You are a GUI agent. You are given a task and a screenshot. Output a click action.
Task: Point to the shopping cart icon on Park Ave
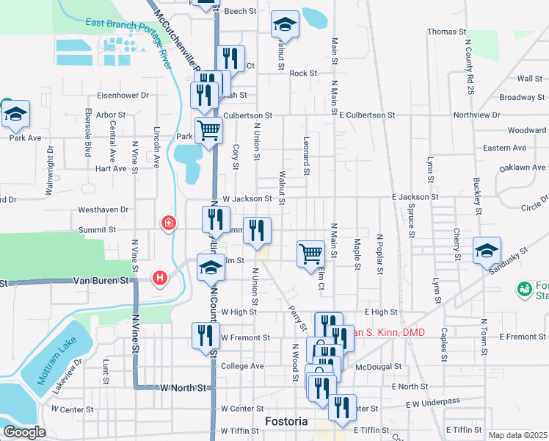(209, 132)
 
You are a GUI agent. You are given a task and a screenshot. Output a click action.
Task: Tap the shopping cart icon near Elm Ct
(310, 254)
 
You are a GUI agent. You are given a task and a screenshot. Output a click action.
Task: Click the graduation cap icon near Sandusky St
(487, 251)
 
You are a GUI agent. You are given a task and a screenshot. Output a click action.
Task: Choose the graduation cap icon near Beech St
(284, 25)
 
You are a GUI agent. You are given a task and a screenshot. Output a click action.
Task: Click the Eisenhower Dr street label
(124, 95)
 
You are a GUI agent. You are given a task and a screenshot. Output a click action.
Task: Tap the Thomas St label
(447, 32)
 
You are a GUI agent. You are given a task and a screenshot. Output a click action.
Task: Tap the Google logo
(24, 431)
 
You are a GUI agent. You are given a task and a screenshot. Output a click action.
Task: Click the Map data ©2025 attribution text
(517, 435)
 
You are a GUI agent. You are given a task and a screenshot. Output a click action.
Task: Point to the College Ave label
(241, 366)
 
